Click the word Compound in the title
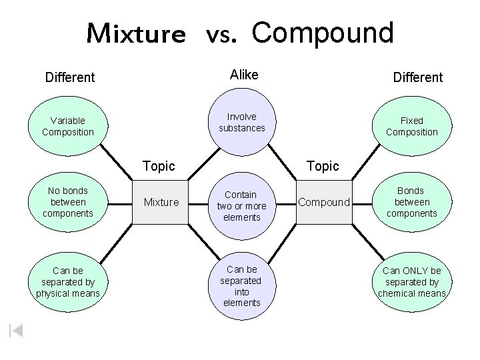pos(323,32)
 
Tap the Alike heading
pos(243,75)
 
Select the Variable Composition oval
pos(67,126)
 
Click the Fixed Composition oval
pos(411,126)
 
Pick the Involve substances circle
pos(241,122)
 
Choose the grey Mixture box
pos(161,202)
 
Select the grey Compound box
pos(323,202)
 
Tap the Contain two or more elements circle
pos(241,205)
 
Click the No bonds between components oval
pos(67,201)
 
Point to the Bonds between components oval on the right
pos(411,201)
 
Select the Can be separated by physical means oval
pos(67,282)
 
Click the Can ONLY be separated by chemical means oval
pos(411,282)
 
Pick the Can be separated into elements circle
pos(241,286)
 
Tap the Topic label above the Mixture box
pos(159,165)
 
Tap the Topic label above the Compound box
pos(323,165)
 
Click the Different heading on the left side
pos(70,77)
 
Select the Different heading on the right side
pos(417,77)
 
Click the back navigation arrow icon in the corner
pos(16,330)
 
